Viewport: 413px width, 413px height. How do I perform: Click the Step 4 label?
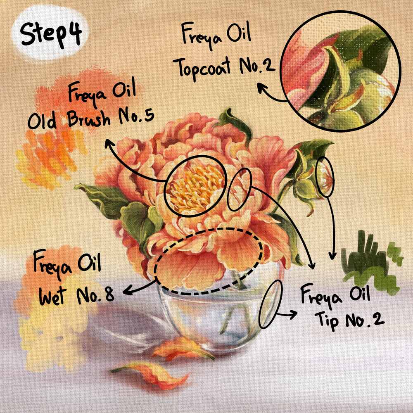50,34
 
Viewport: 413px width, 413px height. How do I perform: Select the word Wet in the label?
52,295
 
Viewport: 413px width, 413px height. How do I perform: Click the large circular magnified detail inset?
341,71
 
